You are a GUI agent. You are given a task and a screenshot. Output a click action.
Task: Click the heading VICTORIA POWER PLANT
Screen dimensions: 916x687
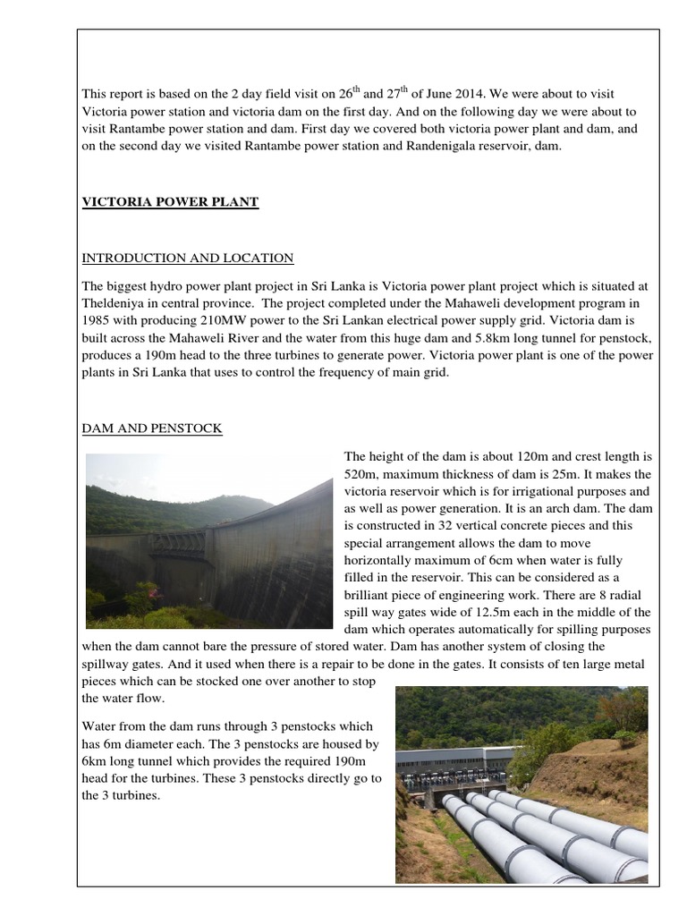tap(170, 202)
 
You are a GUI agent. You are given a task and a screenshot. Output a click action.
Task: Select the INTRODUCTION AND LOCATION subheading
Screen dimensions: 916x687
tap(188, 259)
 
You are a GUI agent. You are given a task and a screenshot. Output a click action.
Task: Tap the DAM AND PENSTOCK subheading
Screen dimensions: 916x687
tap(152, 429)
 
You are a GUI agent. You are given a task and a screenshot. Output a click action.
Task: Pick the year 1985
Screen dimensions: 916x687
tap(97, 319)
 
